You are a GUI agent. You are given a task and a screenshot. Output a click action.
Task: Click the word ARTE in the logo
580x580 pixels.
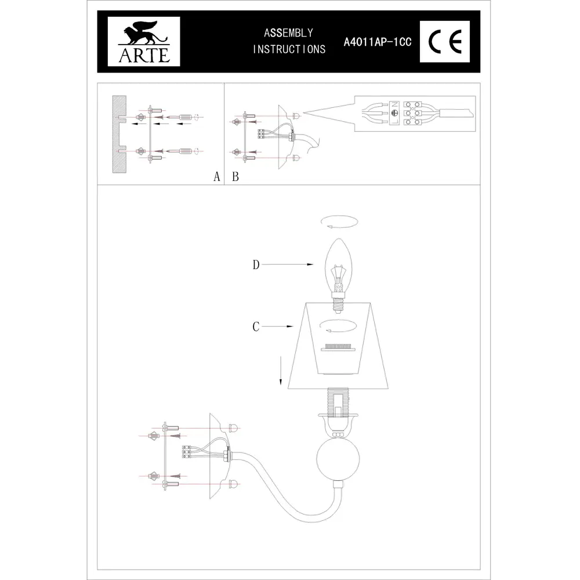[x=144, y=56]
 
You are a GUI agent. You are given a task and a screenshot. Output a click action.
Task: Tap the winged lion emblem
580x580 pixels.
[x=144, y=35]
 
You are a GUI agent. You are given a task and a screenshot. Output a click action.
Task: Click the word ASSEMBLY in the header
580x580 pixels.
[x=288, y=33]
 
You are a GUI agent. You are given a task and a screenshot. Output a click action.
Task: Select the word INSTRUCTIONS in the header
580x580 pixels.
[x=288, y=49]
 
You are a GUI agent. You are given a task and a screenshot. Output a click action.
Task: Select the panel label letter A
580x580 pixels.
[x=216, y=176]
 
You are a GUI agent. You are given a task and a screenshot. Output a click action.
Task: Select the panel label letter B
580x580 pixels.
[x=235, y=176]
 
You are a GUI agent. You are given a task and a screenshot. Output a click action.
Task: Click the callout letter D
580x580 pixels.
[x=256, y=265]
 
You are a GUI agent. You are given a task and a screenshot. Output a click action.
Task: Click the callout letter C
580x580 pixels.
[x=256, y=327]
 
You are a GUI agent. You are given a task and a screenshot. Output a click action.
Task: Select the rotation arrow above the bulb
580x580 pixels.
[x=339, y=223]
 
